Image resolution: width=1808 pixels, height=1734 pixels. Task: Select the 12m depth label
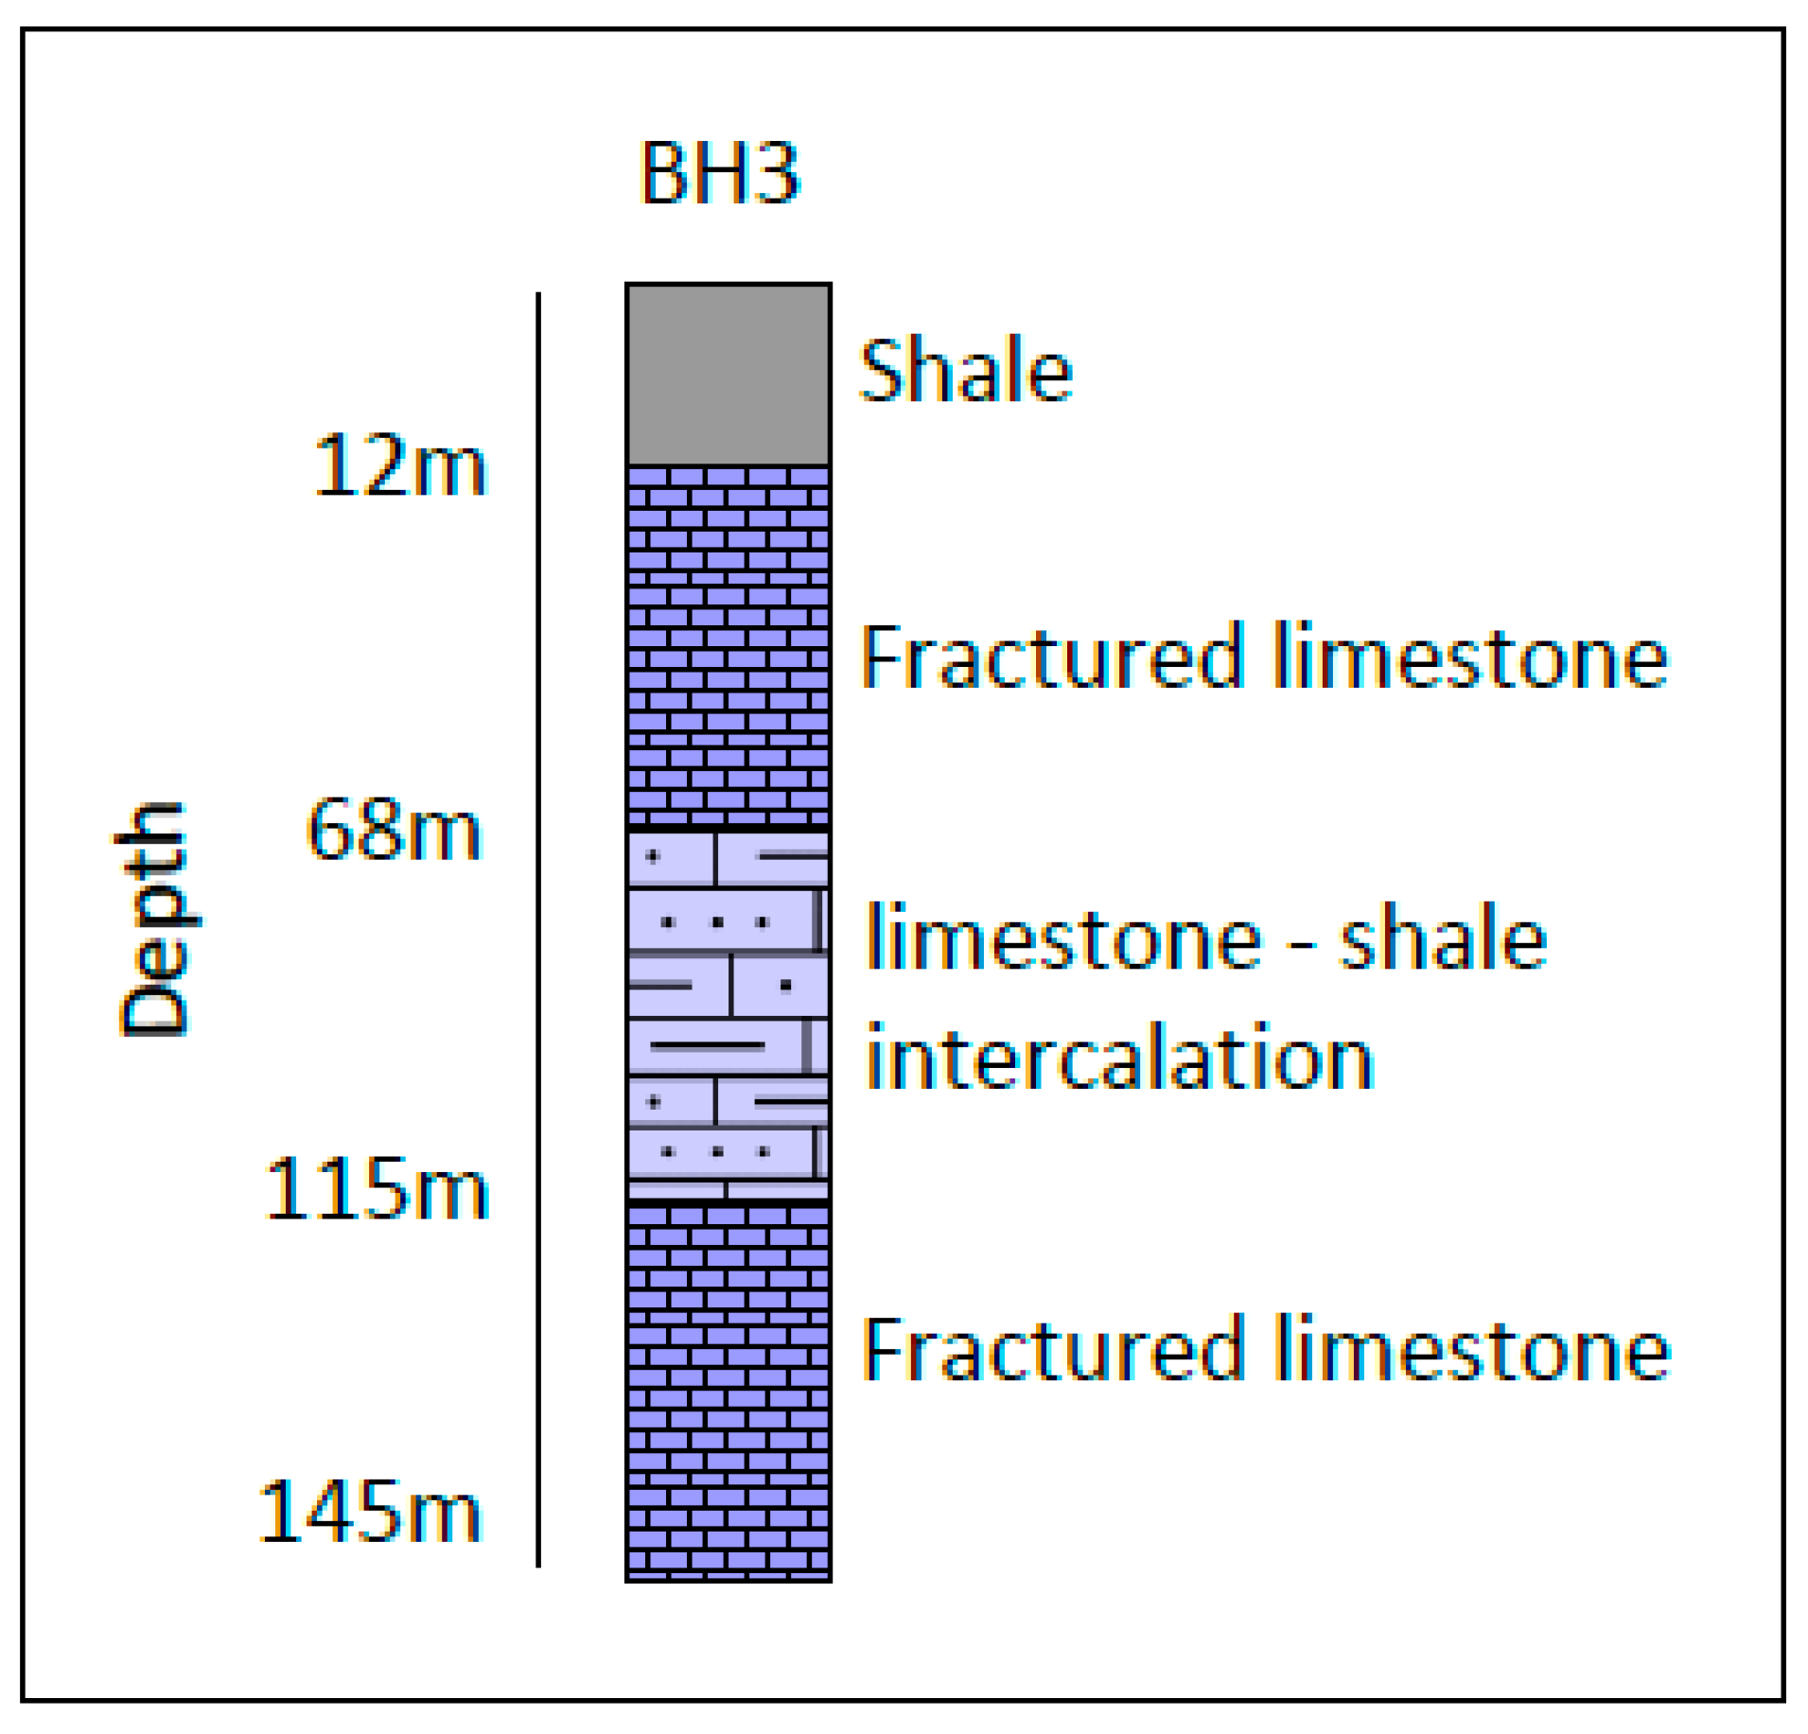coord(399,465)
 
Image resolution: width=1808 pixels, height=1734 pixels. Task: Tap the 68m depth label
coord(394,830)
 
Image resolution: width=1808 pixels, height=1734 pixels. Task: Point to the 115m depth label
coord(377,1189)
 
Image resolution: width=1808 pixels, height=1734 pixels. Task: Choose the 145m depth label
coord(370,1513)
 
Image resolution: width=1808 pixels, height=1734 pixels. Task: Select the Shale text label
coord(964,370)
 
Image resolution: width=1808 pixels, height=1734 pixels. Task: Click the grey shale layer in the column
coord(728,375)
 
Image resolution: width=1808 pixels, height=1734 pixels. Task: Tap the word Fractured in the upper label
coord(1050,657)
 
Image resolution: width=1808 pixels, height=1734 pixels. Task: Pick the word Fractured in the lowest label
coord(1050,1349)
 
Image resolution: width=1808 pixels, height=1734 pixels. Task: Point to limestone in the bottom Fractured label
coord(1471,1349)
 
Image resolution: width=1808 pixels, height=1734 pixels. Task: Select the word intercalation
coord(1119,1057)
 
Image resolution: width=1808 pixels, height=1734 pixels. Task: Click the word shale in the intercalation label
coord(1443,938)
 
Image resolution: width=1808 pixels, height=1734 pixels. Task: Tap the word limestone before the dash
coord(1063,937)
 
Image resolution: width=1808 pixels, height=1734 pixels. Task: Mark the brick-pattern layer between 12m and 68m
coord(728,646)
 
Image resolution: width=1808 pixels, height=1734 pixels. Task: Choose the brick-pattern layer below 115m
coord(728,1392)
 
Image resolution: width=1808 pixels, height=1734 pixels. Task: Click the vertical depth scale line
coord(538,927)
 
